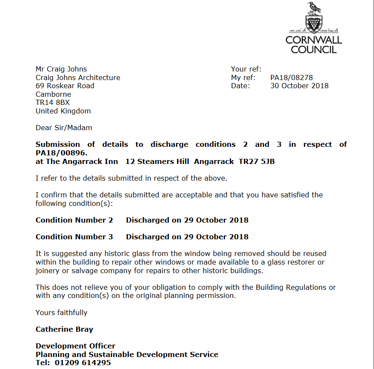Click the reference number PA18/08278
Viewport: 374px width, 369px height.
point(291,77)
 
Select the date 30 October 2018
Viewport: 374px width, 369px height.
point(299,86)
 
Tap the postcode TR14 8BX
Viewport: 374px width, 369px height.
point(53,102)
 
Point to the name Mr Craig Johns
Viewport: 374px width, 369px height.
point(61,69)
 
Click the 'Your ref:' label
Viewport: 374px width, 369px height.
point(246,69)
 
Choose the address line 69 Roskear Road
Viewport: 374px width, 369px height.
point(65,86)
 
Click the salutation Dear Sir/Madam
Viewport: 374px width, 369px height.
point(64,128)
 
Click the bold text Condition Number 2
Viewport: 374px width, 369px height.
point(74,220)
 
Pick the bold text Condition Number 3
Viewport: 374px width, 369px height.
point(74,237)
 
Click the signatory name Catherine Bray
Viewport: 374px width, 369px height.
point(64,329)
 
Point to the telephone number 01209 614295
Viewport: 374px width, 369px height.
point(83,363)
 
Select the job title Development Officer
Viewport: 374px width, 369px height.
point(75,346)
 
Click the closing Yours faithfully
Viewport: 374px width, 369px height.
point(61,312)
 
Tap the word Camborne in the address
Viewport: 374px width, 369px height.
point(53,94)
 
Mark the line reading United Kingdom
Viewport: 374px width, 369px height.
point(63,111)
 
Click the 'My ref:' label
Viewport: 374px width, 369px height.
point(243,77)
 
